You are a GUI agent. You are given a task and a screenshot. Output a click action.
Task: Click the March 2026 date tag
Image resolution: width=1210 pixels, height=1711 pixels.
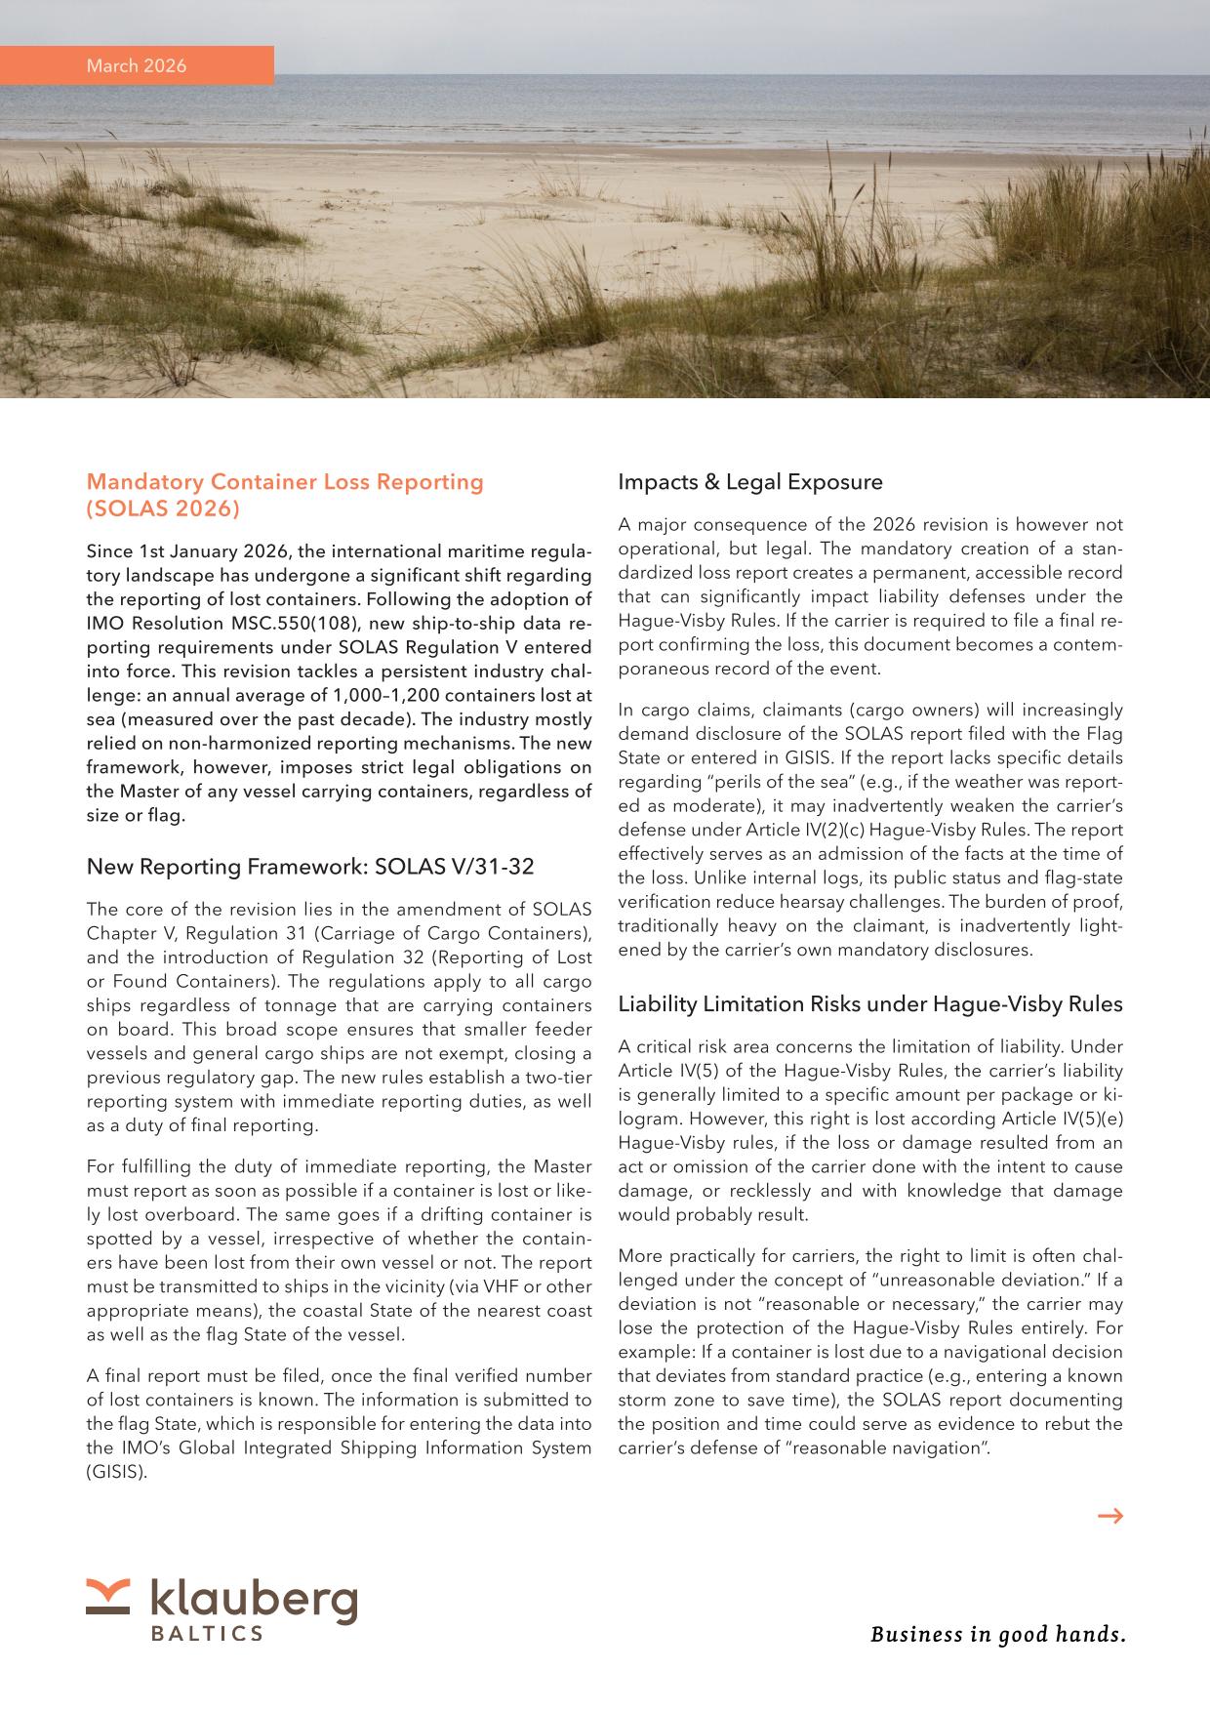coord(137,66)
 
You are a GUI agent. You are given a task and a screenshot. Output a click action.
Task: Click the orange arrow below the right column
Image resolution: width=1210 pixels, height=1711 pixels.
coord(1110,1516)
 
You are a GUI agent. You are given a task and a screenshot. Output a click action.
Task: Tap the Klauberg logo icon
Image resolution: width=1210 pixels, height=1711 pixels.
coord(107,1596)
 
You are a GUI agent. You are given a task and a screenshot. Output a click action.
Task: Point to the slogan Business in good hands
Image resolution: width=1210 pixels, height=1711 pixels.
coord(997,1634)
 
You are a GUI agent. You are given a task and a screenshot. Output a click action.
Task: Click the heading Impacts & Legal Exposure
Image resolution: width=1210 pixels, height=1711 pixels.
coord(750,482)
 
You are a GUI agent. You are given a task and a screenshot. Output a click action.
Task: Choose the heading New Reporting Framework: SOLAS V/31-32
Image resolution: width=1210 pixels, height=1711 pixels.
coord(310,867)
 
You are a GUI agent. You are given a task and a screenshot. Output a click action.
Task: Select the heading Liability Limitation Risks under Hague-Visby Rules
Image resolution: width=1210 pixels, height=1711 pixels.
coord(870,1004)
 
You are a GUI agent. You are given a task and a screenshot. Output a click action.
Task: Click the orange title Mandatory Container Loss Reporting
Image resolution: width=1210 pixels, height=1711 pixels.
coord(285,482)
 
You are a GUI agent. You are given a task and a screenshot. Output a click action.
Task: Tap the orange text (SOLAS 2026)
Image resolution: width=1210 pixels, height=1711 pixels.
coord(163,509)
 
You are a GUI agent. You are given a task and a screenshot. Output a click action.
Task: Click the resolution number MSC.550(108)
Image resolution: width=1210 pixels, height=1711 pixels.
coord(283,624)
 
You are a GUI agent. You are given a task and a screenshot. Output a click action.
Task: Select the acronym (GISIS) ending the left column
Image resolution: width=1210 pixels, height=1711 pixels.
coord(117,1472)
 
